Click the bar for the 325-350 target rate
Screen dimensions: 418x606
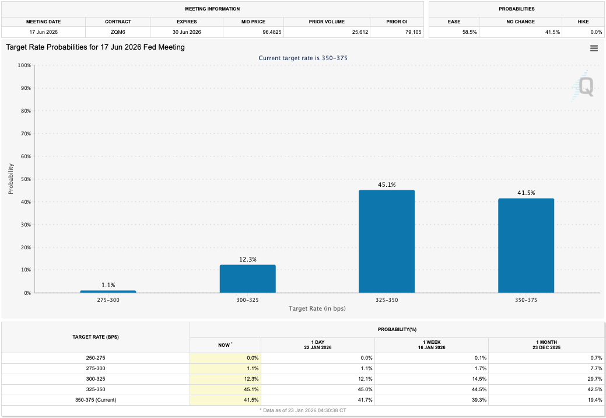tap(386, 241)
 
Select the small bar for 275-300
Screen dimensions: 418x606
tap(108, 291)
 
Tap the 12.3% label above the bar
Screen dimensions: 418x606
tap(247, 259)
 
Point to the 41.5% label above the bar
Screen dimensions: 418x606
tap(526, 193)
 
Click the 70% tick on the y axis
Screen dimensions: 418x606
tap(24, 134)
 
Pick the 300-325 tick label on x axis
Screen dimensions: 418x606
tap(247, 300)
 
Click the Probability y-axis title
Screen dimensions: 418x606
tap(11, 179)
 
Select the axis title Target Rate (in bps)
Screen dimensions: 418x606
tap(317, 308)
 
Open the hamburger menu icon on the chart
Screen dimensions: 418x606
tap(594, 48)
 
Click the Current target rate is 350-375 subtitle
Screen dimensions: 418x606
tap(303, 58)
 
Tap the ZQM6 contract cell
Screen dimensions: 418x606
tap(118, 32)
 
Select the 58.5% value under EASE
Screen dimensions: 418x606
tap(470, 32)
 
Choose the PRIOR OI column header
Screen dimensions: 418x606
tap(397, 22)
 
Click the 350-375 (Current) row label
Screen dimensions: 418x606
tap(96, 400)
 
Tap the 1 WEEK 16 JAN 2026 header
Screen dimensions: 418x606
tap(431, 345)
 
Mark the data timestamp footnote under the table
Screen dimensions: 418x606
tap(303, 411)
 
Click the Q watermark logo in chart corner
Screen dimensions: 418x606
tap(585, 87)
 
